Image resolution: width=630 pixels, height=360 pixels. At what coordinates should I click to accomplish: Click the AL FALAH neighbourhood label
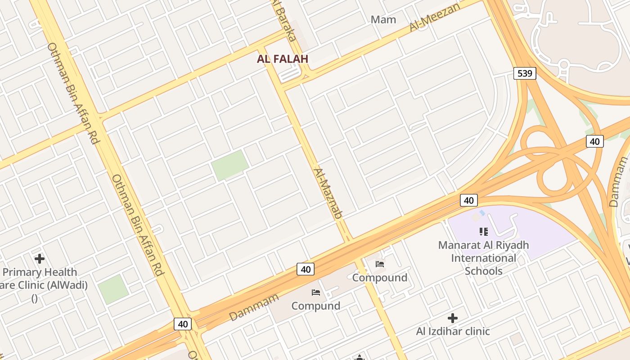(283, 58)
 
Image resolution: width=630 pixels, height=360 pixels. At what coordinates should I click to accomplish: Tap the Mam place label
(383, 19)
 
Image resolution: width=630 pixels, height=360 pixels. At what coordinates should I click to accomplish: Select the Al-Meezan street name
(434, 18)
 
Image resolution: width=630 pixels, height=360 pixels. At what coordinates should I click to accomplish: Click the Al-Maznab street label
(328, 193)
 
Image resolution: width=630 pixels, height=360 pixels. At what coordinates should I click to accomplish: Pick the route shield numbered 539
(525, 73)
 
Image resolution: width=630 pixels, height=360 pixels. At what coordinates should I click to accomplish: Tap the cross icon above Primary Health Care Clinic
(40, 259)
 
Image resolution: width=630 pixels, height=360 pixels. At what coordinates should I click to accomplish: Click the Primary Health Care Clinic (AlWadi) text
(40, 279)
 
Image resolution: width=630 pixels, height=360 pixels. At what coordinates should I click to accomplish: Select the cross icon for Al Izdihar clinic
(453, 318)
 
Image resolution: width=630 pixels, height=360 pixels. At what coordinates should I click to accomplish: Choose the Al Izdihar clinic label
(453, 331)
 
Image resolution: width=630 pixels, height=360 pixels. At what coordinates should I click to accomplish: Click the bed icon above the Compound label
(380, 264)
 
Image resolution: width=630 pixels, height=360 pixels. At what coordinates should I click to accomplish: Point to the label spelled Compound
(380, 277)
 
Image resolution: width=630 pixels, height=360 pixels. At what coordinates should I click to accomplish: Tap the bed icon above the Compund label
(316, 292)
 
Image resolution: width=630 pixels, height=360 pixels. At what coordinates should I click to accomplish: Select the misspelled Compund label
(316, 306)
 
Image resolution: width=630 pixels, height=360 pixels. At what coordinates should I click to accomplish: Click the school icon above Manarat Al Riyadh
(484, 232)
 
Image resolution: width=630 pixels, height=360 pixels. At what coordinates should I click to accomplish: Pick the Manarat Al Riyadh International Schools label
(484, 258)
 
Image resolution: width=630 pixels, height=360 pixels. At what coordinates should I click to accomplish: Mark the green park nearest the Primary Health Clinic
(113, 289)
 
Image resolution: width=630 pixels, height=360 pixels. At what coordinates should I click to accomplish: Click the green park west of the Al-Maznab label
(230, 165)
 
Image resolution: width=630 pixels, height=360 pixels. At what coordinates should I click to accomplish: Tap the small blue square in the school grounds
(482, 212)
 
